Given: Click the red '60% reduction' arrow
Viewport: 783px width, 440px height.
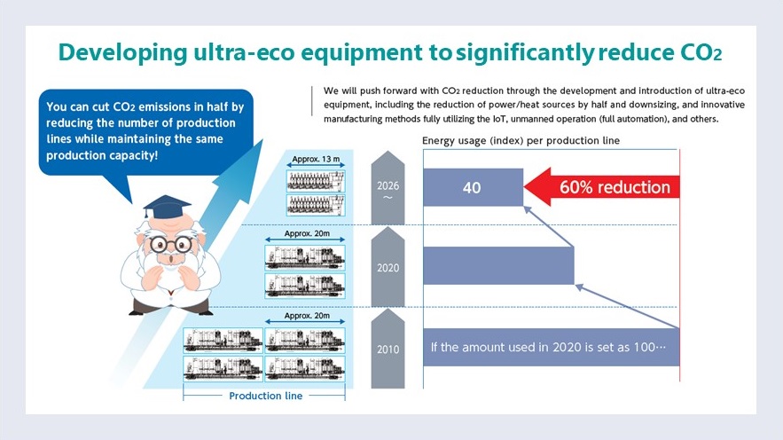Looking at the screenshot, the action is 602,187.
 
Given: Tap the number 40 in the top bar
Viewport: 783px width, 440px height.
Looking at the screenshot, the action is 472,188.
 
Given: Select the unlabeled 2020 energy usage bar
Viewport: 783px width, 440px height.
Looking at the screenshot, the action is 498,266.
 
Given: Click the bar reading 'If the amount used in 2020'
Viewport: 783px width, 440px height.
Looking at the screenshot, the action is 552,347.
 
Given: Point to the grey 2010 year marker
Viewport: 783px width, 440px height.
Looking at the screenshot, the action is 388,349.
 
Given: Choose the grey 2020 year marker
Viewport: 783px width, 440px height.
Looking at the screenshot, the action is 388,267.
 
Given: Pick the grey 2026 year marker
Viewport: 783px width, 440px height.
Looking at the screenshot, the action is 388,188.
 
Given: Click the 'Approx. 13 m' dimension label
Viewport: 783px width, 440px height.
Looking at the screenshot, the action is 316,159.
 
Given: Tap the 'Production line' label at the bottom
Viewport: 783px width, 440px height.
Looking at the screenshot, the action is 266,396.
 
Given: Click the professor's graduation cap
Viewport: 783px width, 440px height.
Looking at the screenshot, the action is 167,206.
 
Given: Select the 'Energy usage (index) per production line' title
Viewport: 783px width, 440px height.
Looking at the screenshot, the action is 521,140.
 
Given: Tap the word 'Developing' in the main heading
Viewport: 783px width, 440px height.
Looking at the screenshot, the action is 123,53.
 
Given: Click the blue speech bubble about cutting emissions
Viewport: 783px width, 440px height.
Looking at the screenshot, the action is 145,132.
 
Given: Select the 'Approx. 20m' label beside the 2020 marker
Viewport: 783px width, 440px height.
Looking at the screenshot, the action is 307,233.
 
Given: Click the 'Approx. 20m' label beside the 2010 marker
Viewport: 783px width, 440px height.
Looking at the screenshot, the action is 307,316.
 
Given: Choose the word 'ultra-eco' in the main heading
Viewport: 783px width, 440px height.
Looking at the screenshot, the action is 244,52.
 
